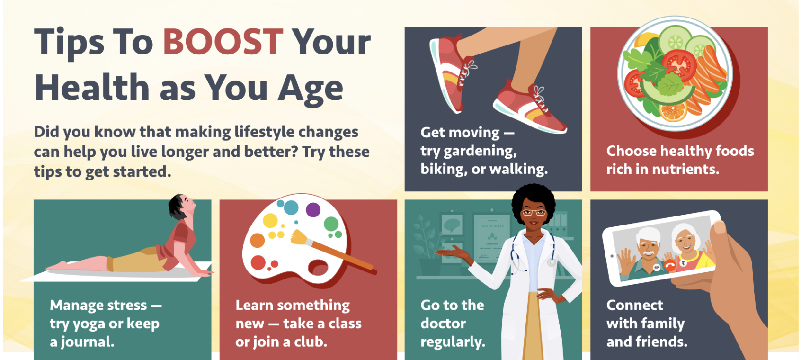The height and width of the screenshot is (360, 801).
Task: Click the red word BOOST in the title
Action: click(x=223, y=42)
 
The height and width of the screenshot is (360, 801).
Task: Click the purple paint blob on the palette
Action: click(x=313, y=210)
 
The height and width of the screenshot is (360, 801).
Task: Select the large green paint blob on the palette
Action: click(x=331, y=224)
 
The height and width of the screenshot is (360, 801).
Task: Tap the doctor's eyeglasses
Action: click(x=534, y=213)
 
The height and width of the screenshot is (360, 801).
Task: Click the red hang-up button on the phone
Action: click(x=669, y=265)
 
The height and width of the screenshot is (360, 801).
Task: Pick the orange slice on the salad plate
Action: click(x=673, y=112)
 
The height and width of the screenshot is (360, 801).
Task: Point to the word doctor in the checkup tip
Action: click(x=443, y=324)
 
